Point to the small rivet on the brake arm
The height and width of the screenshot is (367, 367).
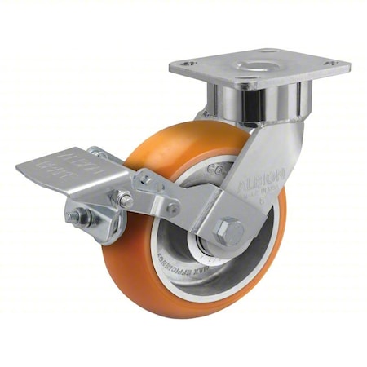(126, 199)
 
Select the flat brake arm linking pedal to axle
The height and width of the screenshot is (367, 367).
(188, 204)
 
